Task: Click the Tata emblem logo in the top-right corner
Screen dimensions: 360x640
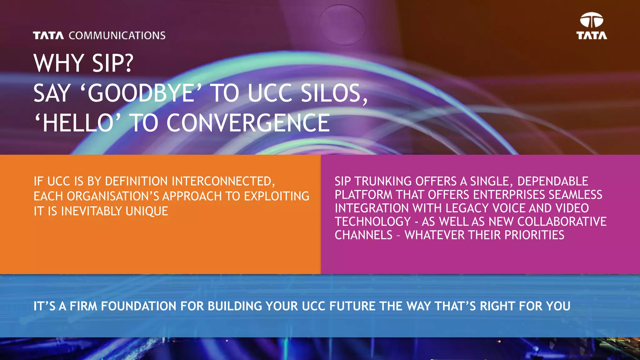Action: [x=592, y=21]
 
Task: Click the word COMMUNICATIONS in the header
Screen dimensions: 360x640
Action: [x=117, y=36]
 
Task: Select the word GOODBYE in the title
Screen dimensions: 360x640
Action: [x=141, y=93]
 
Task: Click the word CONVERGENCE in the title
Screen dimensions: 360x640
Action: [x=248, y=123]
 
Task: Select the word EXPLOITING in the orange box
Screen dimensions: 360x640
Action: [x=277, y=196]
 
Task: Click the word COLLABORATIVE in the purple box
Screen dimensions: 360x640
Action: [x=562, y=222]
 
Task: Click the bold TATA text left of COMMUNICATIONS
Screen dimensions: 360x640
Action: [x=48, y=36]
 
